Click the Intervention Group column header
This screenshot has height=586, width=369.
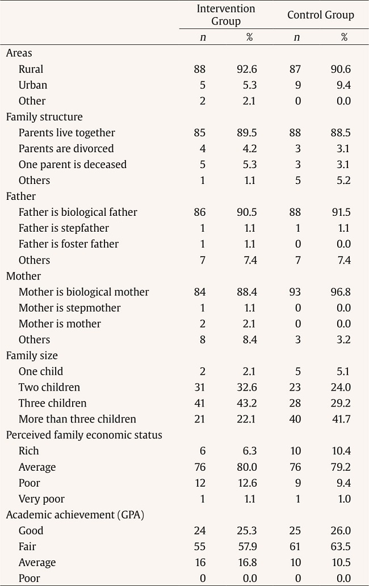(226, 15)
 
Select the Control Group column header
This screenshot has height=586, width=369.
(320, 15)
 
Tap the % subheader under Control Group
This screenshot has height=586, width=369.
(343, 37)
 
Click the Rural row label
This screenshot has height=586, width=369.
(31, 69)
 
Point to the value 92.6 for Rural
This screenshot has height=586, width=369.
(247, 69)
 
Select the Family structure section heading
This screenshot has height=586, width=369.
(44, 117)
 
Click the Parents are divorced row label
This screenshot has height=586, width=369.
(66, 149)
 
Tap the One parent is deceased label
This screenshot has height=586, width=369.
(73, 165)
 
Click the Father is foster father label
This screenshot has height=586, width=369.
(69, 244)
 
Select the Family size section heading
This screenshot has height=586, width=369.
(32, 355)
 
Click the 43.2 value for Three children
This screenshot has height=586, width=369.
(247, 403)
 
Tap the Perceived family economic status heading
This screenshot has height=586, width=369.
(84, 435)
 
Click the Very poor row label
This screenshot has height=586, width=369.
(41, 499)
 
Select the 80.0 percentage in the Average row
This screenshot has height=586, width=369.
(247, 467)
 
